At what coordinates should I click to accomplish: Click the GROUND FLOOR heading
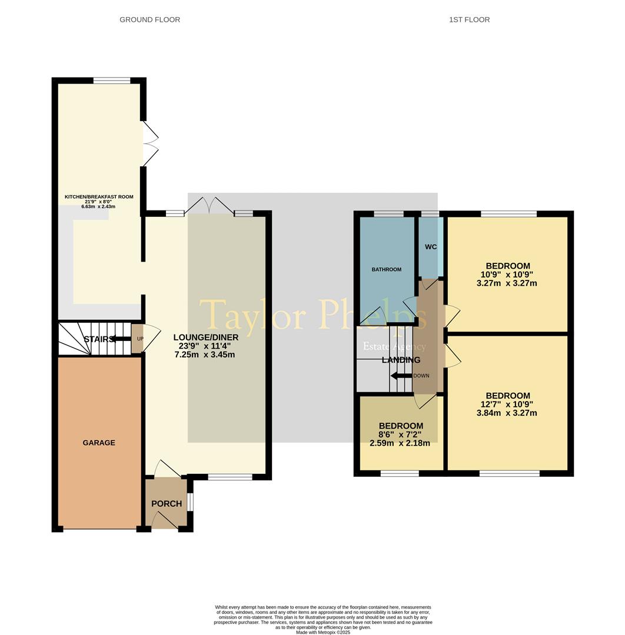(x=149, y=19)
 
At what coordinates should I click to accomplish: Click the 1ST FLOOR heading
(x=469, y=19)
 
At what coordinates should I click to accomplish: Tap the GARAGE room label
(x=99, y=443)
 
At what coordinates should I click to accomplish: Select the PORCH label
(x=167, y=503)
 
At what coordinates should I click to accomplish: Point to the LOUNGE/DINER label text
(x=206, y=337)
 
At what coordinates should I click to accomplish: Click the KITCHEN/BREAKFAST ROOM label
(x=99, y=197)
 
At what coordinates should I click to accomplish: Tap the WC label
(x=431, y=247)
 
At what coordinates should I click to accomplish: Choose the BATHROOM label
(x=386, y=269)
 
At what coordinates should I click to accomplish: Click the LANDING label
(x=401, y=360)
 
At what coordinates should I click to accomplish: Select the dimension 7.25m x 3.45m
(x=205, y=355)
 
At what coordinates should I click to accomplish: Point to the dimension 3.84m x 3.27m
(x=507, y=413)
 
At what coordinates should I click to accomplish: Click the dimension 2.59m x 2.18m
(x=400, y=443)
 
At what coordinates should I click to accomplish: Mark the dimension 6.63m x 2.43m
(x=99, y=206)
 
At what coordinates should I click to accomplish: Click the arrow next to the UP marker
(x=121, y=339)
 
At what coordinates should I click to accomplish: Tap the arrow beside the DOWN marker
(x=402, y=376)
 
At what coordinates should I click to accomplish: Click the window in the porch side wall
(x=190, y=502)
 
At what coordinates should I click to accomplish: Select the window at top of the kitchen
(x=112, y=81)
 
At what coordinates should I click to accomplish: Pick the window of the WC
(x=430, y=213)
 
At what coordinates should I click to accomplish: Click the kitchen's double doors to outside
(x=149, y=143)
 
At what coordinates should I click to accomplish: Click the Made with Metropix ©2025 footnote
(x=323, y=632)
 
